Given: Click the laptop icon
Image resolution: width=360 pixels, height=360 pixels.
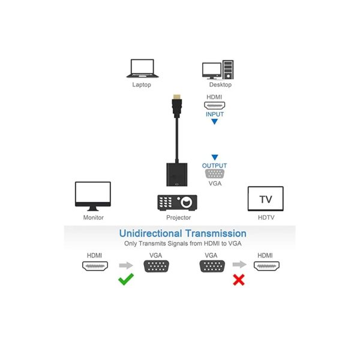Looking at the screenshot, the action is (142, 68).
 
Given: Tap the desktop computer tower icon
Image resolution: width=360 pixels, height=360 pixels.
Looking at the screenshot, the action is (228, 70).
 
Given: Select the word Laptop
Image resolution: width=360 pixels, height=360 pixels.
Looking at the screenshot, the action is (142, 85).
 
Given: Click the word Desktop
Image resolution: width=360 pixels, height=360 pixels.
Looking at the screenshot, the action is (220, 85).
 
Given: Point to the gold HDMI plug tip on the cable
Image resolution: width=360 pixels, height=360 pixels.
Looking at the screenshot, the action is (177, 97).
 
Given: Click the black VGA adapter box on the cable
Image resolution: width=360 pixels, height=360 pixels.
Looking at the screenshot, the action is (177, 175).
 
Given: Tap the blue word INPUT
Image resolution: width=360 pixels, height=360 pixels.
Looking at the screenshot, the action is (215, 115).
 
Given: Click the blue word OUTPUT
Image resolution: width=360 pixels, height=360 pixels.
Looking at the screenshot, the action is (214, 166).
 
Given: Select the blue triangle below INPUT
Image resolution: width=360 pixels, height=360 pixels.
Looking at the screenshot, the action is (214, 122).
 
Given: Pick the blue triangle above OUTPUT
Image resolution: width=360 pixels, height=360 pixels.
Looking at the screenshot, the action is (215, 157).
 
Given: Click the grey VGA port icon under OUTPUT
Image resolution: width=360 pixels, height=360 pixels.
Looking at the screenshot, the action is (215, 174).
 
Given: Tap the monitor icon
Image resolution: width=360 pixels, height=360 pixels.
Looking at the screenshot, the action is (93, 196).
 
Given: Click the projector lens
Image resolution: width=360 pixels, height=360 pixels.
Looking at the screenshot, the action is (187, 202).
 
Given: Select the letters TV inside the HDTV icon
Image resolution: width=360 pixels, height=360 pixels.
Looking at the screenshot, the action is (266, 199).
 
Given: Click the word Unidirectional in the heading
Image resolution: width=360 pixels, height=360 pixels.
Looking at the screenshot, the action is (151, 233).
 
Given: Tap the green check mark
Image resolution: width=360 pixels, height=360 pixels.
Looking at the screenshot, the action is (126, 279).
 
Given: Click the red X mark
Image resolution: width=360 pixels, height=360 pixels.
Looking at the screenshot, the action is (239, 280).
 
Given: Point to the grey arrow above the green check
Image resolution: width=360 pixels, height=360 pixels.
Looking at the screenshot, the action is (126, 265).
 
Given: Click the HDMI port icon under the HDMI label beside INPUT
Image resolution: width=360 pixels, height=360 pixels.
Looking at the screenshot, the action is (215, 106).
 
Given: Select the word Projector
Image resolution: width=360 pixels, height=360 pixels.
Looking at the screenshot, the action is (179, 217).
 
